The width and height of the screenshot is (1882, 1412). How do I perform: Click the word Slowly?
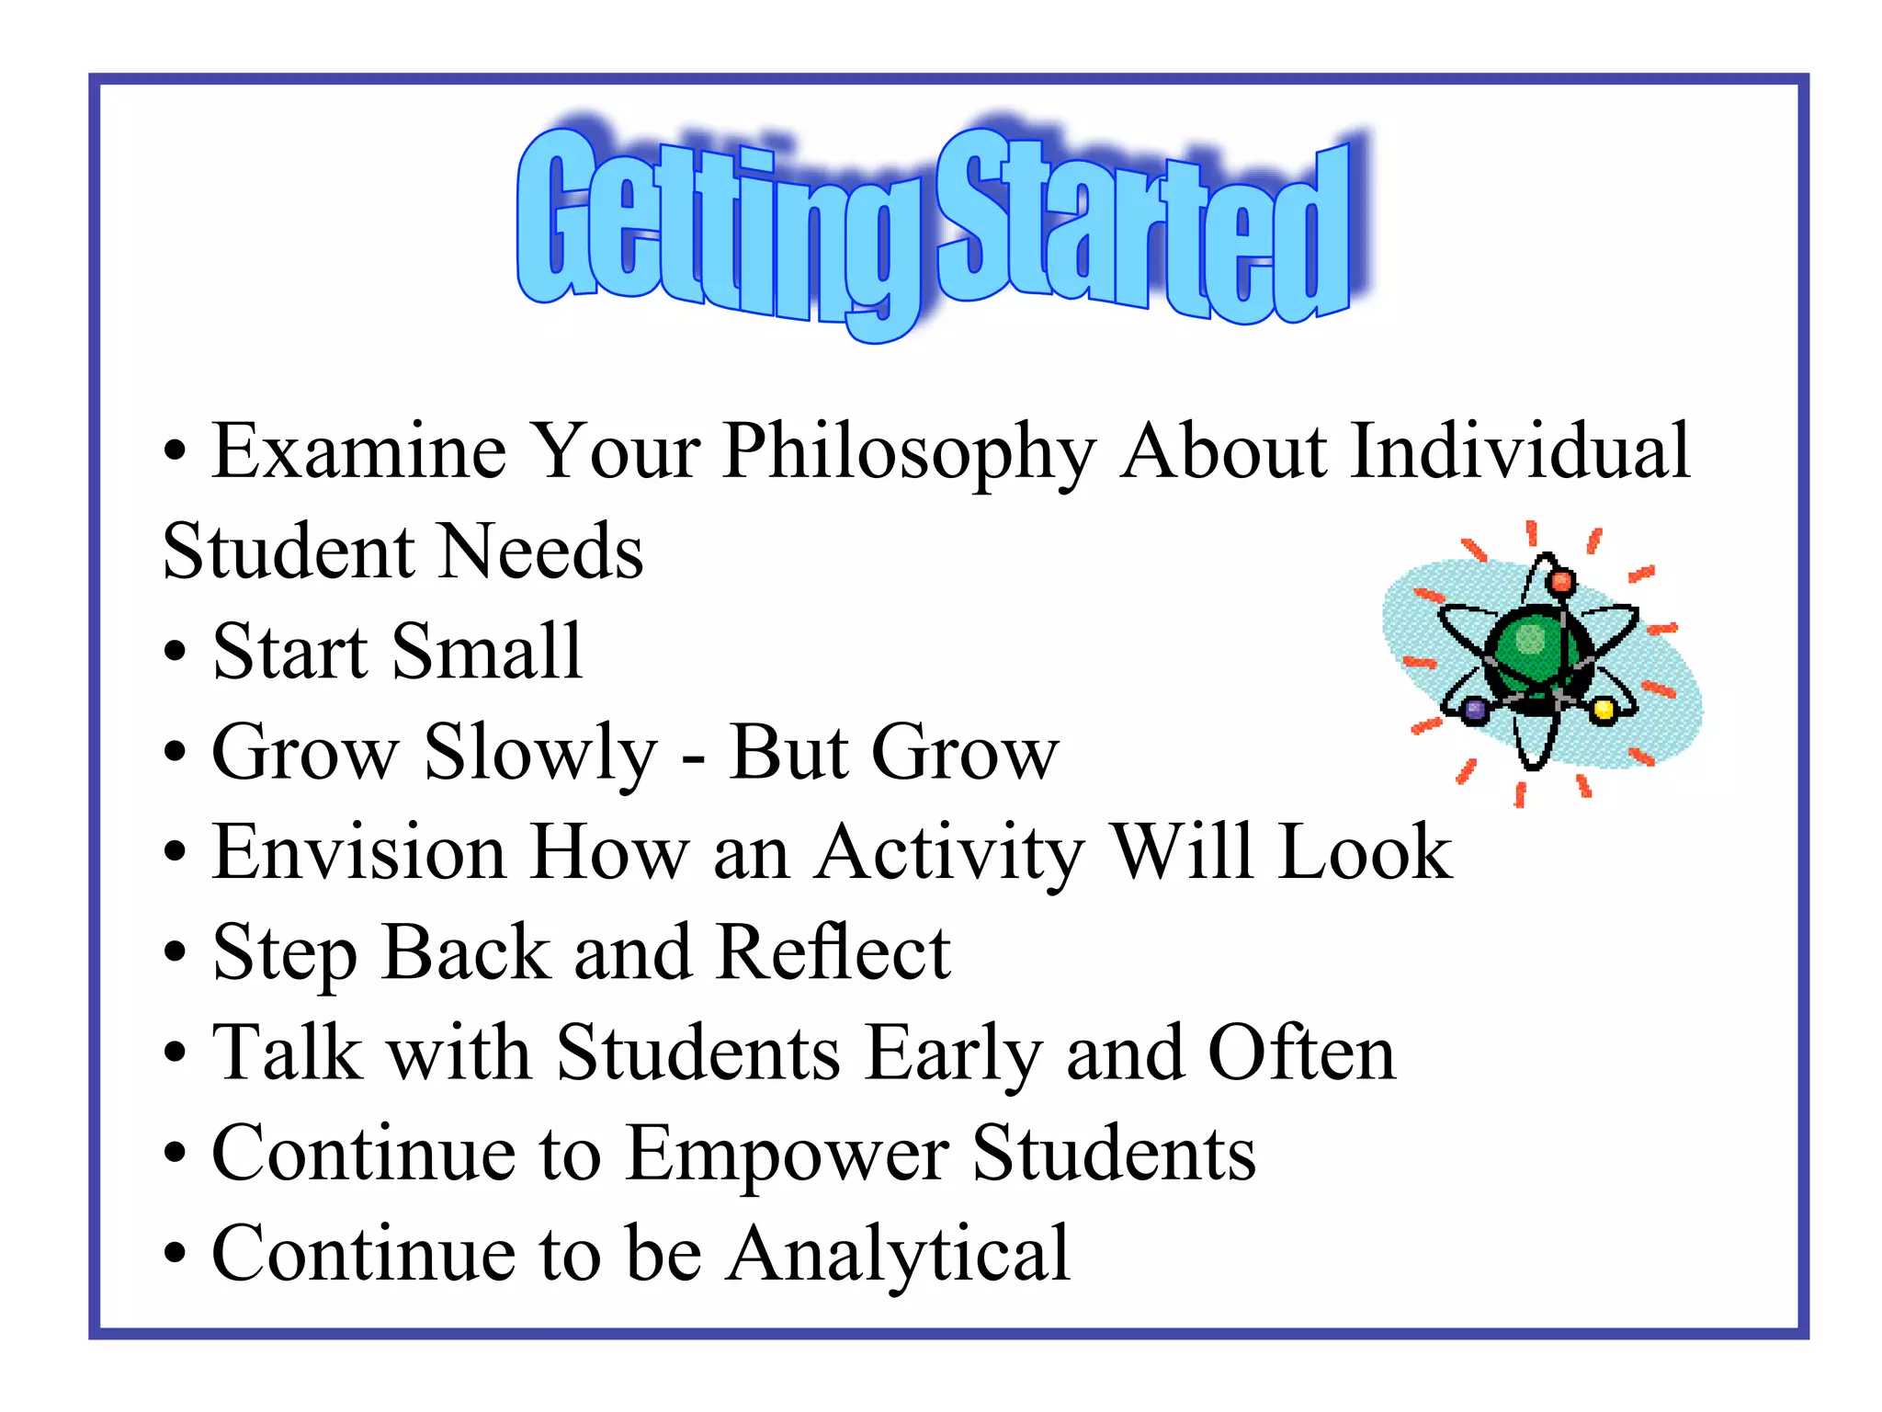coord(540,754)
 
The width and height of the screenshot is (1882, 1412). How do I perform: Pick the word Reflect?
coord(833,952)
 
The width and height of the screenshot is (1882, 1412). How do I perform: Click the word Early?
coord(954,1054)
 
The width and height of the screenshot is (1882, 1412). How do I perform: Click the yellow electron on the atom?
coord(1604,710)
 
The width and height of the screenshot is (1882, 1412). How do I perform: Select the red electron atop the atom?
coord(1561,582)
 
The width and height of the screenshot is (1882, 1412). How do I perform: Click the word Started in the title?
coord(1144,230)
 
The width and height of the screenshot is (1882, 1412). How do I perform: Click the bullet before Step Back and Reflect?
coord(175,954)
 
